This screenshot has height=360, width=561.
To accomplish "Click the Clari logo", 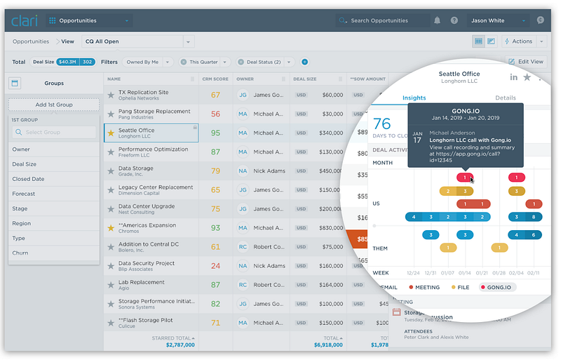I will [x=25, y=20].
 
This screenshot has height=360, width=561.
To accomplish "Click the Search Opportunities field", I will [x=382, y=21].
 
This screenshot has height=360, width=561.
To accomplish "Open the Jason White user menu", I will [x=499, y=21].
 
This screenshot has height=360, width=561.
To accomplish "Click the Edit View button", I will [x=526, y=62].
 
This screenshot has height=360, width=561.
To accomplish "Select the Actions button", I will [x=519, y=41].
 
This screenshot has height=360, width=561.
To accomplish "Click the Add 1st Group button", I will [x=54, y=105].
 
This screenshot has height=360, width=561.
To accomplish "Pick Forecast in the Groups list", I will [x=24, y=194].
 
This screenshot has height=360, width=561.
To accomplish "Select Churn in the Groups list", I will [x=20, y=253].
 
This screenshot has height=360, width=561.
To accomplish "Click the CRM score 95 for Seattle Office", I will [x=215, y=133].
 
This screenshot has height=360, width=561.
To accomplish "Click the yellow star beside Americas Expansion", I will [x=110, y=228].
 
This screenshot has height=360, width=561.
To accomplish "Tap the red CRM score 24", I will [x=215, y=266].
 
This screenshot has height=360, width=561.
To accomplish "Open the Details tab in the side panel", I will [x=506, y=98].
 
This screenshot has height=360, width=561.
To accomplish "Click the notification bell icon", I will [x=438, y=21].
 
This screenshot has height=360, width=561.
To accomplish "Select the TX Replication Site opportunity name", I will [x=144, y=92].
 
